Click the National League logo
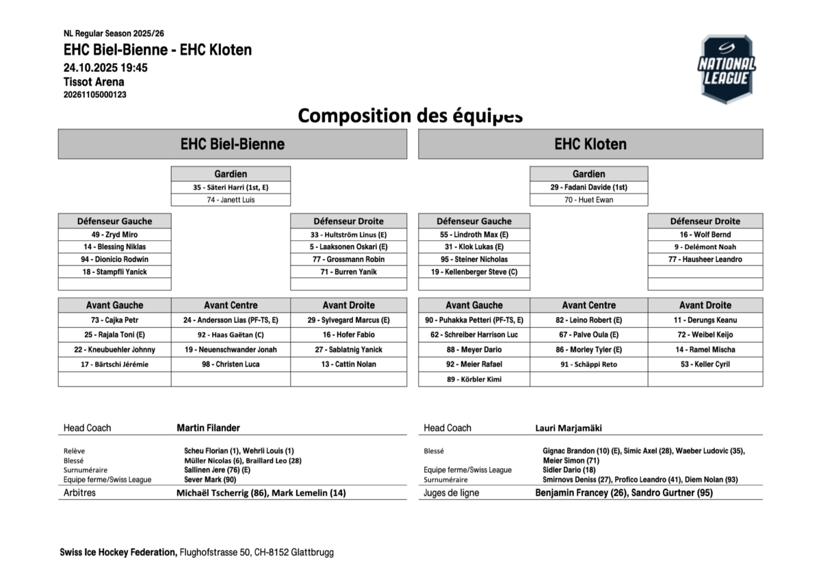(726, 69)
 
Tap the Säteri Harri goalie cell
(231, 187)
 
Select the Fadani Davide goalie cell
(588, 187)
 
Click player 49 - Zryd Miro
(114, 234)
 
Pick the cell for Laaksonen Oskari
(348, 246)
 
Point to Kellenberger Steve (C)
(474, 272)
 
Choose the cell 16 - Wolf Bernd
(705, 234)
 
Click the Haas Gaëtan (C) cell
(231, 335)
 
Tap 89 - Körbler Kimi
(474, 379)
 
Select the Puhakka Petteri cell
(474, 320)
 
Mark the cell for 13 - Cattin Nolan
(348, 364)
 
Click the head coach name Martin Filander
(208, 428)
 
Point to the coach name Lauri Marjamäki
(569, 428)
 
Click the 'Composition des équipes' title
(410, 115)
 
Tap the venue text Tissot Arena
(94, 81)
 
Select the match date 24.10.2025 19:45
(105, 68)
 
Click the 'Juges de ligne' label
(451, 493)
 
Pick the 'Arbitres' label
(79, 493)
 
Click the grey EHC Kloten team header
(590, 144)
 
